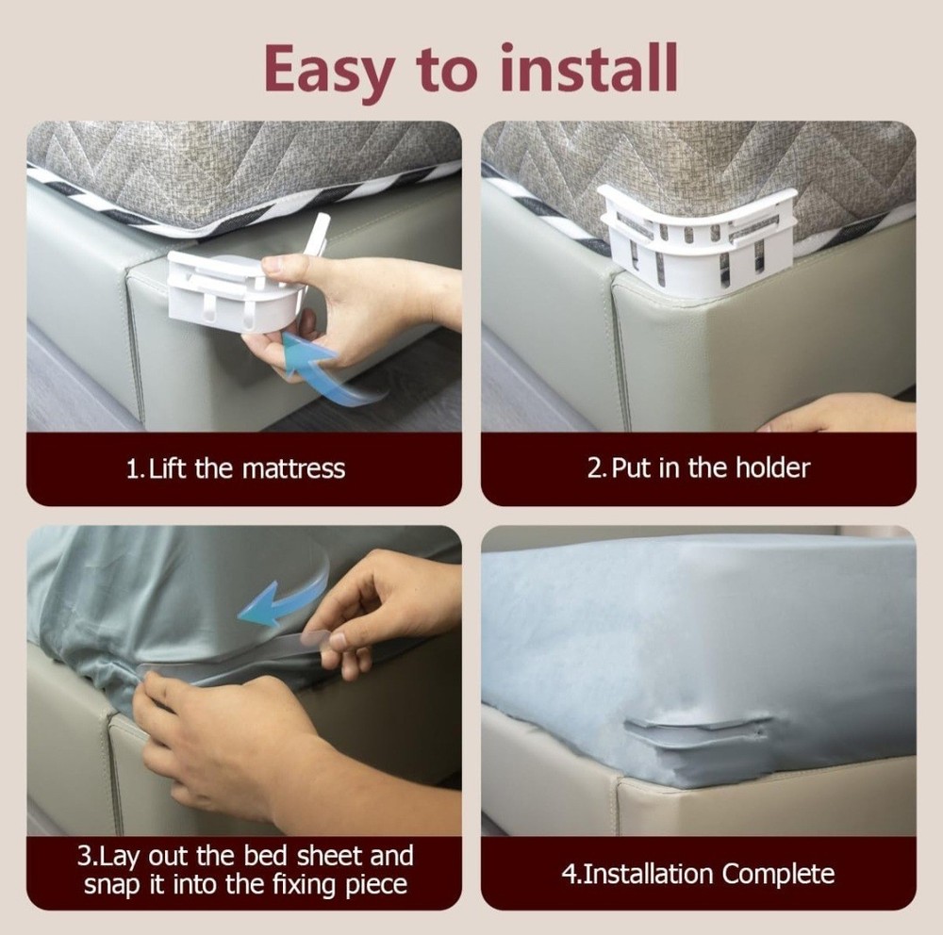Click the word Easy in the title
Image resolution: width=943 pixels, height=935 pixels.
pos(328,71)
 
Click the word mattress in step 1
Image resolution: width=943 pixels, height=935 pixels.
pos(293,469)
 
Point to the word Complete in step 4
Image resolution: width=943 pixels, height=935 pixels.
pos(778,875)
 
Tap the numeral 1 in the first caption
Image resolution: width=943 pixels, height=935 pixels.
pos(133,469)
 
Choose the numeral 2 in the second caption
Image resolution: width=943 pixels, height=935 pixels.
pos(595,468)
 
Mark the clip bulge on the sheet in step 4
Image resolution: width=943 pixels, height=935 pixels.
pos(698,732)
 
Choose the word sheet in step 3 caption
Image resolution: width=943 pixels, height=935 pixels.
pos(331,856)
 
